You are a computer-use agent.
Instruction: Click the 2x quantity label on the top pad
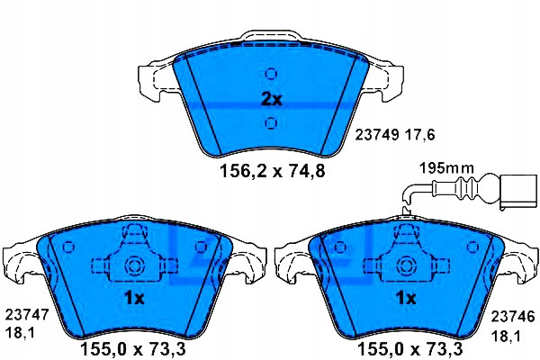coord(272,100)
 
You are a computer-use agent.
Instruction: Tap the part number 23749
coord(377,135)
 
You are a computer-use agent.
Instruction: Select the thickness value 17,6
coord(419,135)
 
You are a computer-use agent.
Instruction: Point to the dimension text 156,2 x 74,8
coord(272,171)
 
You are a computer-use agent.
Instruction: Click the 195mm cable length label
coord(446,168)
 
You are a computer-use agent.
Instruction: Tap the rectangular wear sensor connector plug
coord(518,192)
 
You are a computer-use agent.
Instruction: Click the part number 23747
coord(27,315)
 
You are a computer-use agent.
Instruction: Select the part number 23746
coord(513,316)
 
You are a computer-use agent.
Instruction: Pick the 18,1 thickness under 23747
coord(20,333)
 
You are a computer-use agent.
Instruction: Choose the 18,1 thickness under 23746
coord(506,335)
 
